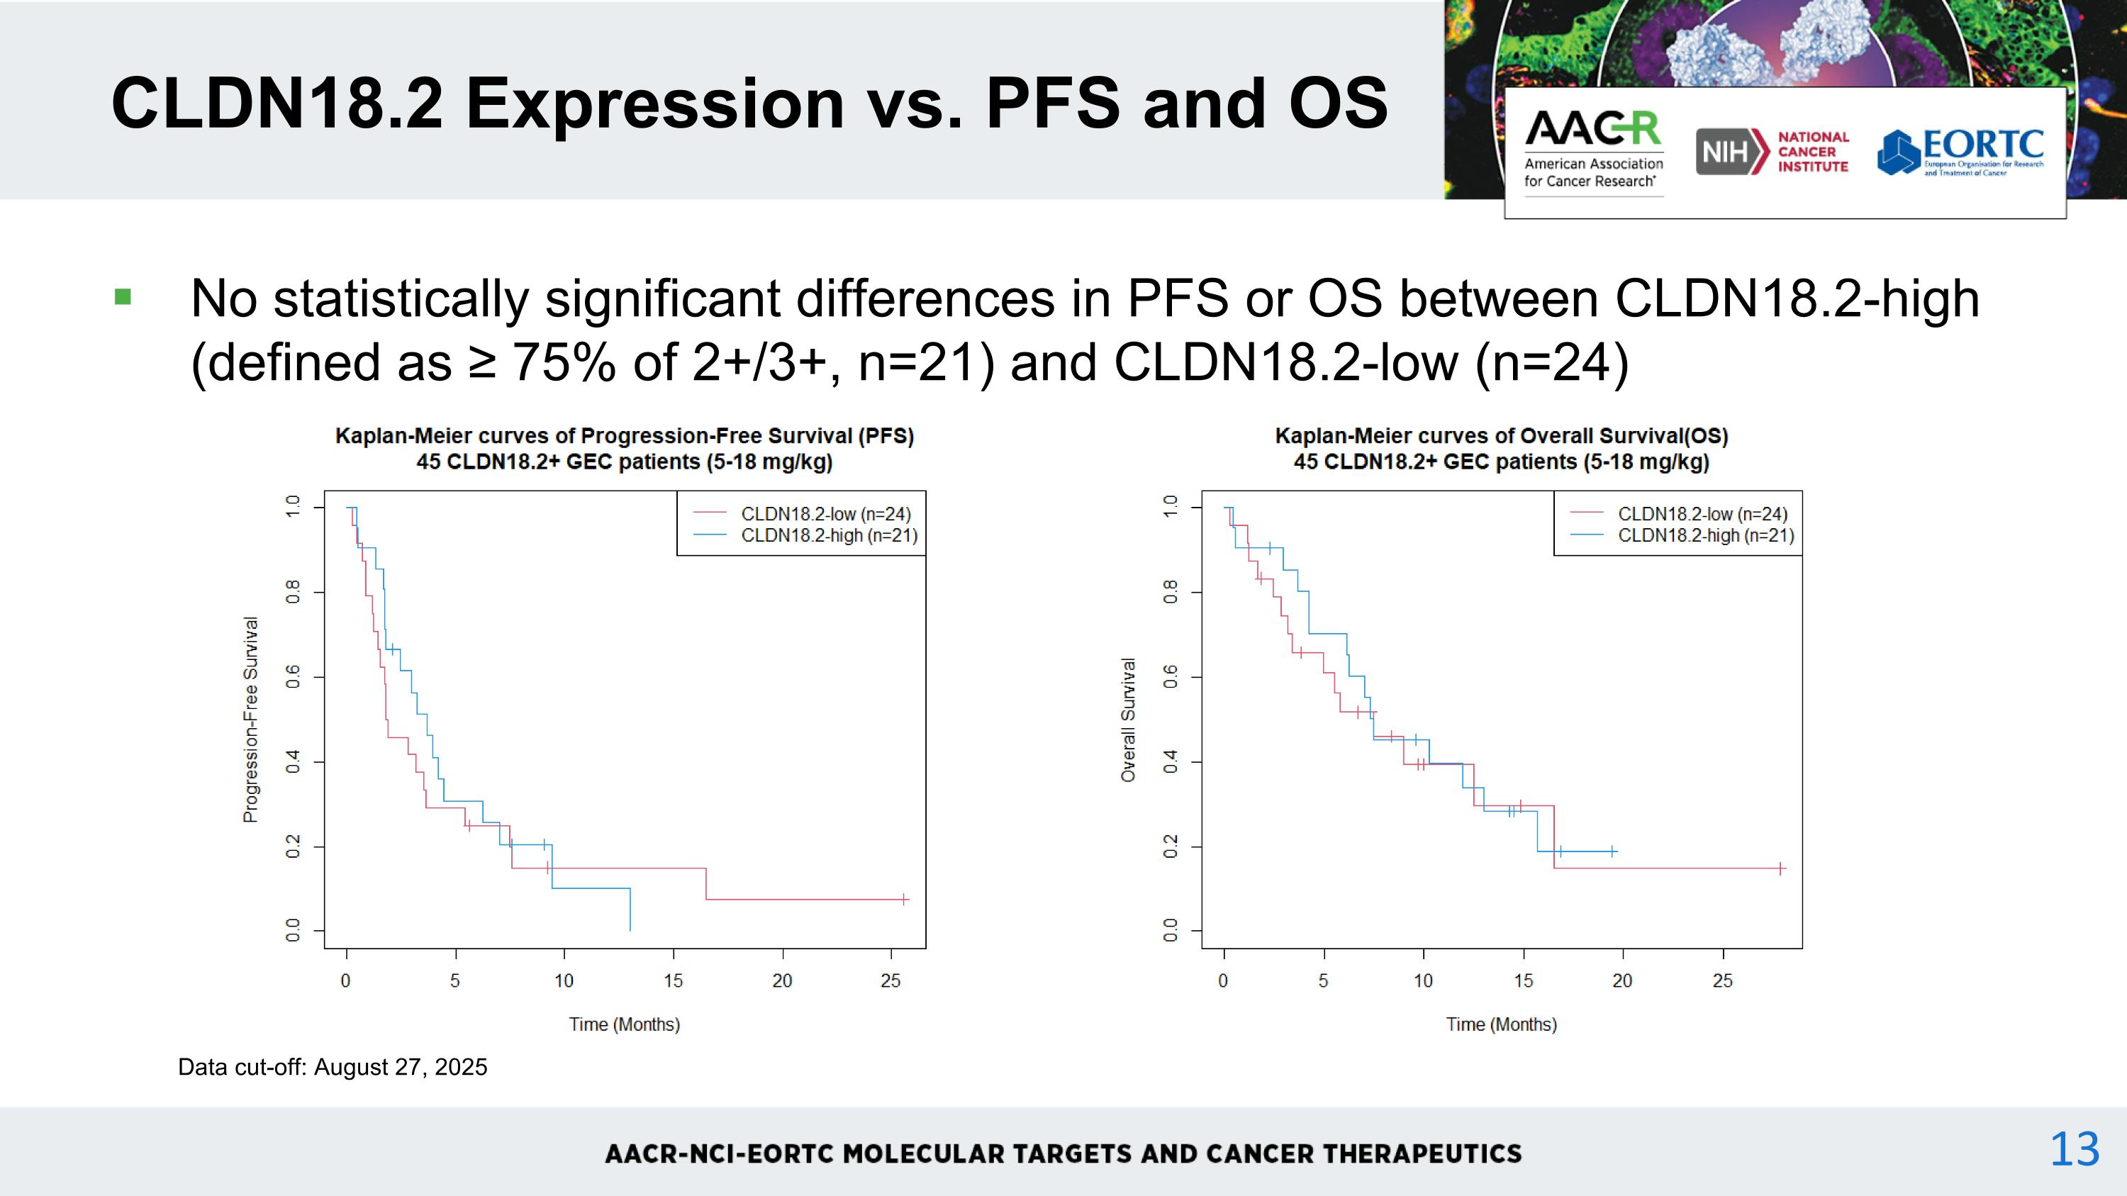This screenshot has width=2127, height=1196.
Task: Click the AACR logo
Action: click(x=1593, y=150)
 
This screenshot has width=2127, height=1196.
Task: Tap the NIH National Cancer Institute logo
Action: click(x=1772, y=152)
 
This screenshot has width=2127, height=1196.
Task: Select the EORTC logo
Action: click(x=1960, y=152)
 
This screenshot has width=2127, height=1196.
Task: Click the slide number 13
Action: click(x=2074, y=1149)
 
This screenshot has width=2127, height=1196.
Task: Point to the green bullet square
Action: click(x=123, y=296)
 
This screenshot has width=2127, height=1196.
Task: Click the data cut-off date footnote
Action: click(x=333, y=1067)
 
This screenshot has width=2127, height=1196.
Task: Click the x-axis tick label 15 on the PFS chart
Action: click(x=673, y=980)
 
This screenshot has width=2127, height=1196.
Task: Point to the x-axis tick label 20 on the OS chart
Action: click(x=1621, y=980)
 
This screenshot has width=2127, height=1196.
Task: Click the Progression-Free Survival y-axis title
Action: click(x=250, y=719)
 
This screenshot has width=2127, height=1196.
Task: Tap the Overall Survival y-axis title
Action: click(x=1128, y=719)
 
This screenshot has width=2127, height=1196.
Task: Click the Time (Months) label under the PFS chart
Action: click(x=624, y=1024)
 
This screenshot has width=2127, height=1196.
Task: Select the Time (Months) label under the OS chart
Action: click(x=1501, y=1024)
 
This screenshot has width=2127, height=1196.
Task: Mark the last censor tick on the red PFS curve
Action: click(x=904, y=899)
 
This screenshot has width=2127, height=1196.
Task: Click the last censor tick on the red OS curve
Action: click(x=1781, y=868)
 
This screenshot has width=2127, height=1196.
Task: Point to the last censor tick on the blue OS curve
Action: click(x=1612, y=851)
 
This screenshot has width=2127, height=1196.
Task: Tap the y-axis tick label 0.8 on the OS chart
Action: click(x=1170, y=592)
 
